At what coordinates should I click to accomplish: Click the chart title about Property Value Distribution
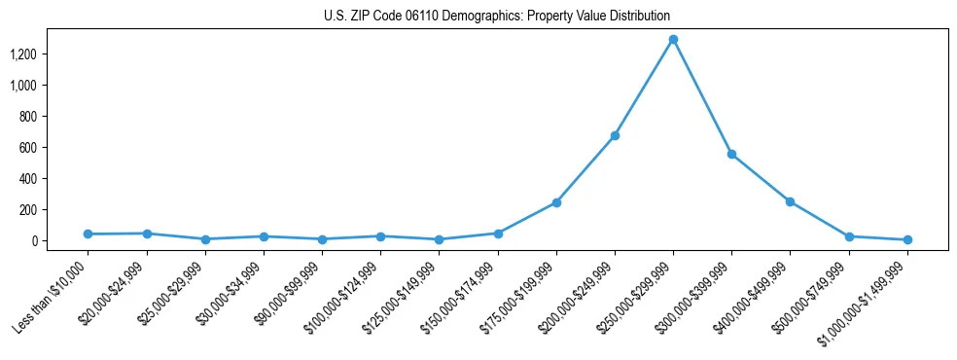pos(497,17)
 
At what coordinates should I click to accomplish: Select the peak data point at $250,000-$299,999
pos(673,40)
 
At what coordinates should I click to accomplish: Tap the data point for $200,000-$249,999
pos(615,136)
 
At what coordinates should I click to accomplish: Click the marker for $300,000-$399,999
pos(731,155)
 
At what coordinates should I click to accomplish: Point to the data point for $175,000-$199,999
pos(556,202)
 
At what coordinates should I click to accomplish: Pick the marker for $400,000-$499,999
pos(790,201)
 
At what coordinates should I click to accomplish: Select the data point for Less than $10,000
pos(88,234)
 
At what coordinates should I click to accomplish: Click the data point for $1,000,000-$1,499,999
pos(907,239)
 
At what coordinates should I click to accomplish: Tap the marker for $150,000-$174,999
pos(498,234)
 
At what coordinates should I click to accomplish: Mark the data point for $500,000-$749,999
pos(849,236)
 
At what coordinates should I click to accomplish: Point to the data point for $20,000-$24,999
pos(146,234)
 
